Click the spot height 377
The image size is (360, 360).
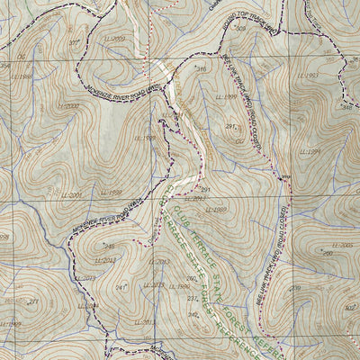tap(74, 42)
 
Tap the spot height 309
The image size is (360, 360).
tap(239, 29)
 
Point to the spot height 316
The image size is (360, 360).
tap(202, 69)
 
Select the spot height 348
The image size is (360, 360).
tap(346, 107)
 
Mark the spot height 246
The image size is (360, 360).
tap(109, 246)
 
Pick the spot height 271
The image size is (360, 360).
tap(33, 302)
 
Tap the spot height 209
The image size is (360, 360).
tap(295, 288)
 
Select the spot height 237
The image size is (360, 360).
tap(192, 298)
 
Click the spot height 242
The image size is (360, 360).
tap(192, 314)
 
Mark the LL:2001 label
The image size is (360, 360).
tap(72, 194)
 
